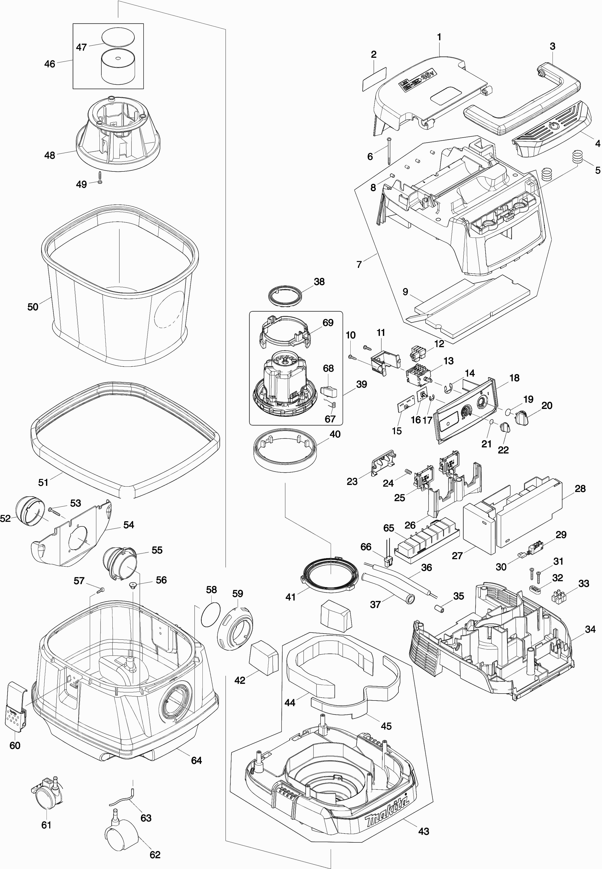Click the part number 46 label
[49, 64]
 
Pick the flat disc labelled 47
[118, 37]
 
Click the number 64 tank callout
[196, 760]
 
